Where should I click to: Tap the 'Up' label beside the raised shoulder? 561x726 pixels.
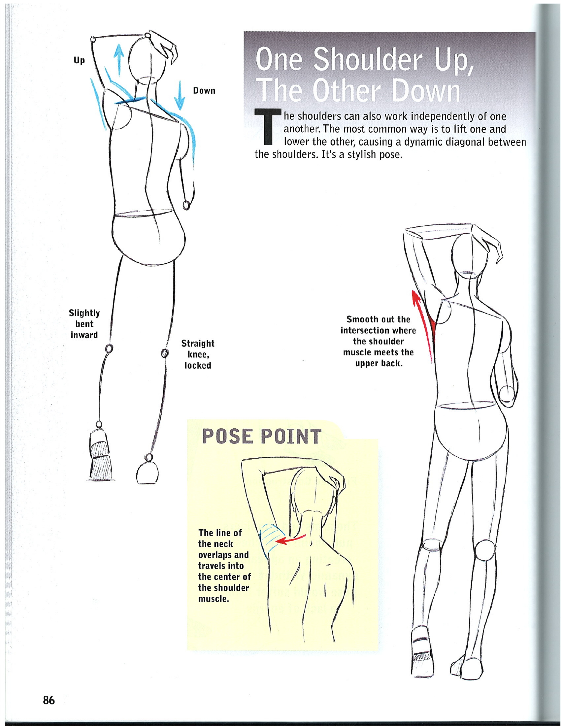[x=79, y=60]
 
